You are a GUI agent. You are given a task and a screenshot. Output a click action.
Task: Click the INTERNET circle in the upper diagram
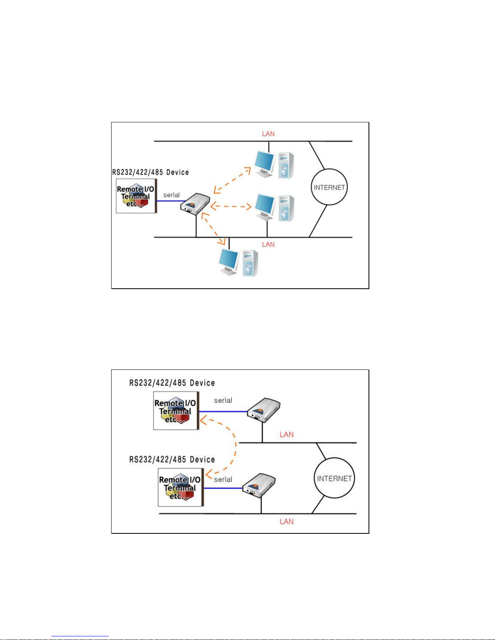pyautogui.click(x=329, y=169)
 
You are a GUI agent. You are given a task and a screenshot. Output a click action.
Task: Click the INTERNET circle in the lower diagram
pyautogui.click(x=334, y=458)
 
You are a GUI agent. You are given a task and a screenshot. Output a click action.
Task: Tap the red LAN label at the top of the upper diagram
pyautogui.click(x=268, y=134)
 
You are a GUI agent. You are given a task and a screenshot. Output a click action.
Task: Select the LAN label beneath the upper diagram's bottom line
pyautogui.click(x=268, y=244)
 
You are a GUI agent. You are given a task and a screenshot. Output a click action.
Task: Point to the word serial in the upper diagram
pyautogui.click(x=171, y=195)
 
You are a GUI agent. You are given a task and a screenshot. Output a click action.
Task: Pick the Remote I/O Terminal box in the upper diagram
pyautogui.click(x=136, y=196)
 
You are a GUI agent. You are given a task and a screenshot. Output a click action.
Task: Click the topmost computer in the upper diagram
pyautogui.click(x=274, y=165)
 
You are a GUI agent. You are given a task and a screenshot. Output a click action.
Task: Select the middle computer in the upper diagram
pyautogui.click(x=274, y=208)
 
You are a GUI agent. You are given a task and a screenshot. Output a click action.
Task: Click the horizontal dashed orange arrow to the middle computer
pyautogui.click(x=231, y=206)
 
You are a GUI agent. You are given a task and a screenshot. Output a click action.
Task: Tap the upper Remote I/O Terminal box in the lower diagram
pyautogui.click(x=176, y=411)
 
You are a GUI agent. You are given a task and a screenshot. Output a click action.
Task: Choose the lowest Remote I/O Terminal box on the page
pyautogui.click(x=181, y=487)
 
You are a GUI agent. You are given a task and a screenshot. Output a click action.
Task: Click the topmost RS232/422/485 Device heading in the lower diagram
pyautogui.click(x=172, y=383)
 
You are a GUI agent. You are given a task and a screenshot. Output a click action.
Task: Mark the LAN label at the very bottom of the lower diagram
pyautogui.click(x=286, y=522)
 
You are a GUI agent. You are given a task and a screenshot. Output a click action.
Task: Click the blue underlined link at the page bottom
pyautogui.click(x=80, y=636)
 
